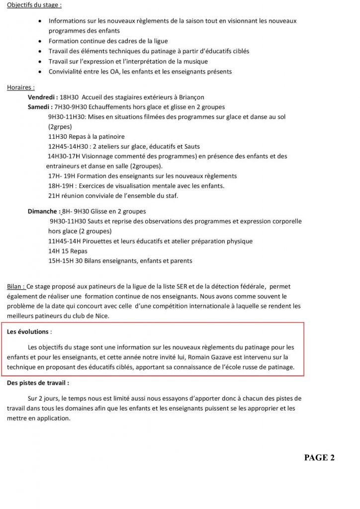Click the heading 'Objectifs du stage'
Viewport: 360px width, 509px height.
(x=34, y=5)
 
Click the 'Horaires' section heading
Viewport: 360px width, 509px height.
(x=20, y=87)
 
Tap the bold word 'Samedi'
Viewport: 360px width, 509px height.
(x=39, y=107)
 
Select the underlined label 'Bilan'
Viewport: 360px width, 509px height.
(x=15, y=287)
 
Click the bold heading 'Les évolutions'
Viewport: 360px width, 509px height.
(x=28, y=331)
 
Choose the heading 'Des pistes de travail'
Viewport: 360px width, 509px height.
(x=38, y=383)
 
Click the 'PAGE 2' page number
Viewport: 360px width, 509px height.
(x=319, y=458)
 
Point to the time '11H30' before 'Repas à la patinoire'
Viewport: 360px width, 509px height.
(x=58, y=136)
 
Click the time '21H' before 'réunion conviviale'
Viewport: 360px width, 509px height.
(x=54, y=196)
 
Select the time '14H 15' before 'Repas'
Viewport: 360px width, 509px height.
(x=60, y=251)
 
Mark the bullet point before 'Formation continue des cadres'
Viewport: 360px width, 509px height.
(x=40, y=41)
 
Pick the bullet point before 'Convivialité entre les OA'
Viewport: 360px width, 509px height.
(x=40, y=72)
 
